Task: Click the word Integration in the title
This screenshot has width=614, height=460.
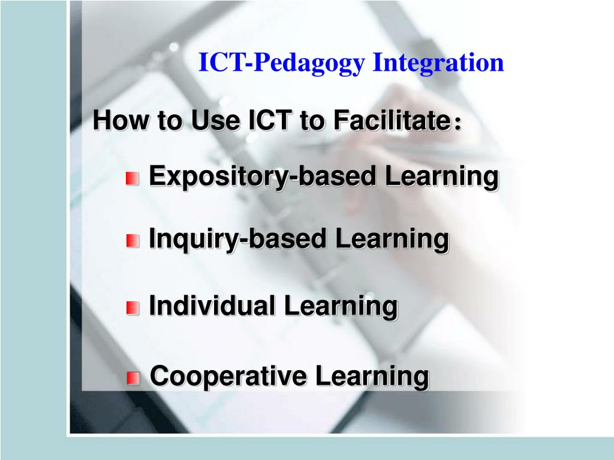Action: pyautogui.click(x=438, y=63)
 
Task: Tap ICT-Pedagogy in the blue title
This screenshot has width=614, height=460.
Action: pyautogui.click(x=282, y=63)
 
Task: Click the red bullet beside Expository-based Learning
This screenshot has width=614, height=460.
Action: pyautogui.click(x=133, y=178)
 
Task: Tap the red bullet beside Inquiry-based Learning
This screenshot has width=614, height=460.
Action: pyautogui.click(x=133, y=241)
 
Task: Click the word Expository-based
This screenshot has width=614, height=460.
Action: pyautogui.click(x=263, y=177)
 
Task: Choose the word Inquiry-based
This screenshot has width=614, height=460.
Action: pyautogui.click(x=238, y=240)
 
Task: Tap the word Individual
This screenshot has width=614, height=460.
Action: pyautogui.click(x=212, y=306)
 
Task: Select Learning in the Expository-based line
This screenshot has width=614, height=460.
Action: pyautogui.click(x=441, y=177)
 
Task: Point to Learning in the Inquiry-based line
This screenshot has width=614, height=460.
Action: pyautogui.click(x=392, y=240)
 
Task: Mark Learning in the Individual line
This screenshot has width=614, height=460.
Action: pyautogui.click(x=341, y=306)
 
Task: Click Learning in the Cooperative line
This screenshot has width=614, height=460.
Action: pyautogui.click(x=372, y=377)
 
